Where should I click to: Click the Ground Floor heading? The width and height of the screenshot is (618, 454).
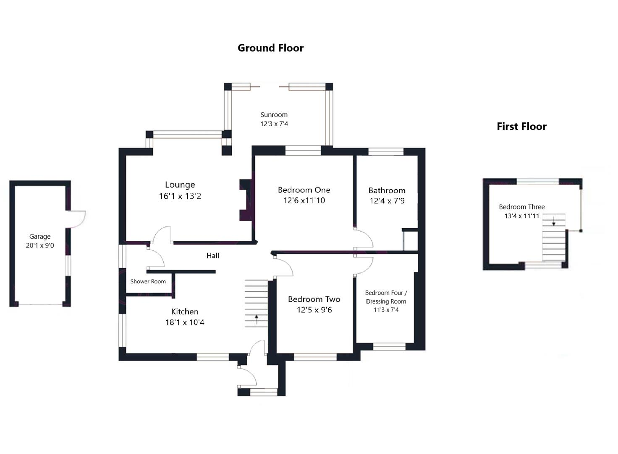[270, 48]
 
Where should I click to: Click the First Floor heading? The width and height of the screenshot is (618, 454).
[521, 127]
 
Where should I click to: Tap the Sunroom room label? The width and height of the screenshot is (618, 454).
[274, 115]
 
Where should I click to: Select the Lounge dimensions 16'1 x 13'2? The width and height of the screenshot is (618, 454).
[180, 196]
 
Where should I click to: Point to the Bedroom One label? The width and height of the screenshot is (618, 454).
[304, 190]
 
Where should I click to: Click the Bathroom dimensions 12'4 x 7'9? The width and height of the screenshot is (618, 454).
[387, 201]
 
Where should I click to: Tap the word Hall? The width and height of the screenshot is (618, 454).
[212, 256]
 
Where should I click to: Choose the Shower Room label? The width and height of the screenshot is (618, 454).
[148, 282]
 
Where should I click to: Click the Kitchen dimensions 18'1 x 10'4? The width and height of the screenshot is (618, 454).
[185, 322]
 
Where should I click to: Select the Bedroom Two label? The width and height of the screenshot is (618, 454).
[314, 299]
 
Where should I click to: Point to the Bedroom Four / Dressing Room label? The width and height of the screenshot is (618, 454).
[386, 297]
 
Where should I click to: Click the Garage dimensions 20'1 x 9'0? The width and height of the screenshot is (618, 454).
[40, 245]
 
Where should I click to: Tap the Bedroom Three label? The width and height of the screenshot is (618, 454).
[521, 207]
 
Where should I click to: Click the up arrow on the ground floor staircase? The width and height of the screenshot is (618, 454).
[256, 319]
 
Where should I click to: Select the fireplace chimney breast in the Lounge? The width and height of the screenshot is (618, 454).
[245, 200]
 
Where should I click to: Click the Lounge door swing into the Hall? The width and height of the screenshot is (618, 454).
[160, 235]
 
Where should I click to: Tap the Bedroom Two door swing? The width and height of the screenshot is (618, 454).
[284, 267]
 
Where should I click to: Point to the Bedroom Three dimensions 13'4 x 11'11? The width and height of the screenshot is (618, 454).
[521, 216]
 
